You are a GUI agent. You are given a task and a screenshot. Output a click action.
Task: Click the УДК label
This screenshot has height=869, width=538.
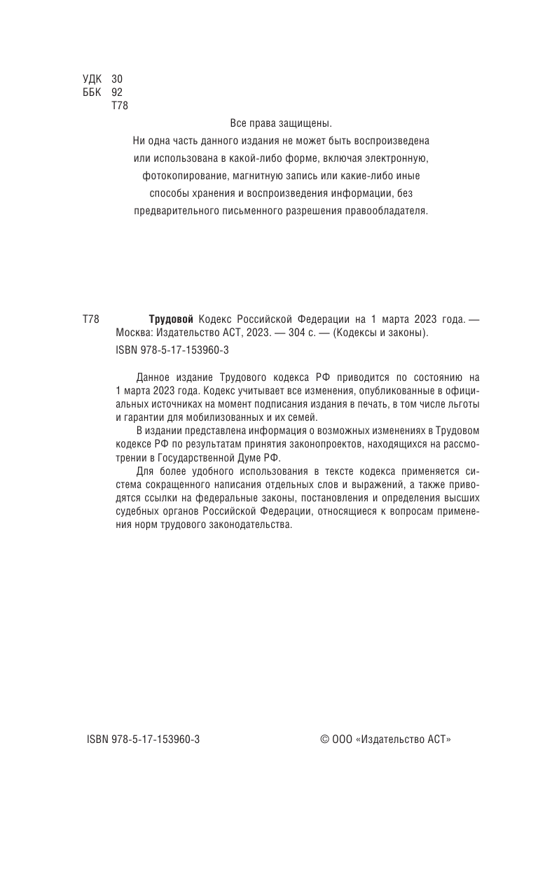coord(92,80)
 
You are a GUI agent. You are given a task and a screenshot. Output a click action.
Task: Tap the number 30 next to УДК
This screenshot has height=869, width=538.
coord(117,80)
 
